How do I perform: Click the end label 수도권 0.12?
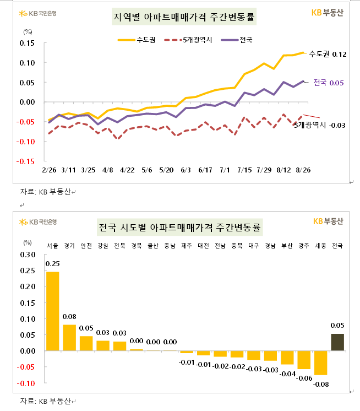[328, 54]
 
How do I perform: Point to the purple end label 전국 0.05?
[329, 83]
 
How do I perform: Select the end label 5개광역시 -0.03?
[320, 126]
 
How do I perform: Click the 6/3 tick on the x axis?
[186, 170]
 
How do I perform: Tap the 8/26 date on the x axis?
[303, 170]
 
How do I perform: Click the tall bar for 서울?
[53, 311]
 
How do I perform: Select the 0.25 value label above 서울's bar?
[53, 264]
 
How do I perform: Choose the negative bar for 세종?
[321, 363]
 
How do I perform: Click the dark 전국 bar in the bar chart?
[337, 342]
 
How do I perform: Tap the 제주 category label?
[187, 246]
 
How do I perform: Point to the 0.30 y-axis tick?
[27, 255]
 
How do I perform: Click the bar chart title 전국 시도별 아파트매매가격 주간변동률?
[179, 227]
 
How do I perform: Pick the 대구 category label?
[254, 246]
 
